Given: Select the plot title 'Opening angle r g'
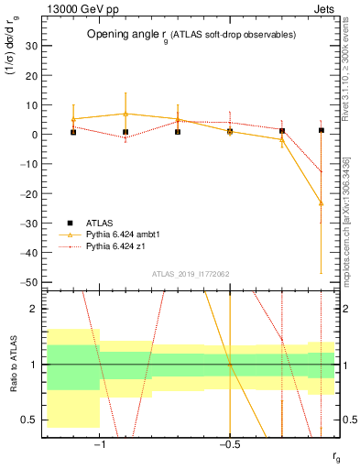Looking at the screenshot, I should [191, 35].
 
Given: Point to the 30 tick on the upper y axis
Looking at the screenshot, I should [32, 46].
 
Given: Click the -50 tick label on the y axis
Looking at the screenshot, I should [29, 282].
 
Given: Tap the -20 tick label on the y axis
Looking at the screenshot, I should [29, 194].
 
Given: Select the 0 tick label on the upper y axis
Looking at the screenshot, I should [34, 135].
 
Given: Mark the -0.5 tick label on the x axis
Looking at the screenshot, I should [228, 446].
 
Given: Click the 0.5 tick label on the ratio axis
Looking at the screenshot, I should [31, 420].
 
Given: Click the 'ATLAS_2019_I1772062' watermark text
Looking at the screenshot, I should [191, 274].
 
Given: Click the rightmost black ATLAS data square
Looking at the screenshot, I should [322, 130].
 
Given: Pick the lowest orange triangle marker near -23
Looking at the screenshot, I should [322, 202].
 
